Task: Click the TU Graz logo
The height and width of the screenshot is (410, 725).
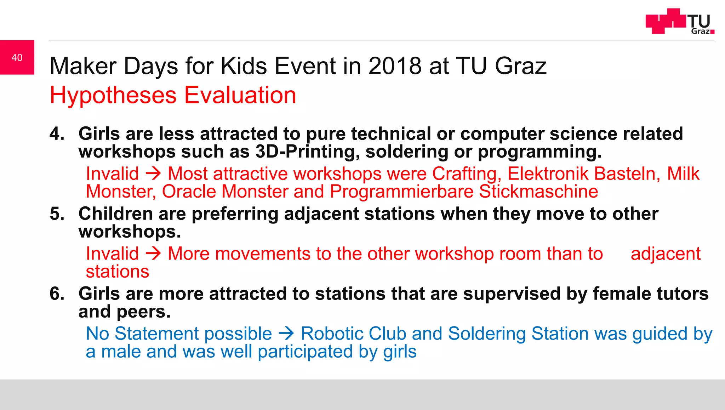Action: point(679,21)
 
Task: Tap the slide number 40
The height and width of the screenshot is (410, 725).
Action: point(17,57)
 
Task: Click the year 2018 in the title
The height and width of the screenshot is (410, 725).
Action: point(395,66)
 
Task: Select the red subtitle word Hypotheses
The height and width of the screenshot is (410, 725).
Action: point(113,95)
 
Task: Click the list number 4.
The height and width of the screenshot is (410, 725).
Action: point(57,134)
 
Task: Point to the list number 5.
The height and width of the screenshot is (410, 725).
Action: point(57,214)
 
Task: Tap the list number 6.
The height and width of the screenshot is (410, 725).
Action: point(57,294)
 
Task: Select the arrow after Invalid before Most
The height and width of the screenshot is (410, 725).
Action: point(153,174)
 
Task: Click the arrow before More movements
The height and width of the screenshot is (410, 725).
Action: point(153,254)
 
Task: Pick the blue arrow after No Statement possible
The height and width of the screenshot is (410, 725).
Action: point(286,334)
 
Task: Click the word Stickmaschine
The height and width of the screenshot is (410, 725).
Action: point(538,192)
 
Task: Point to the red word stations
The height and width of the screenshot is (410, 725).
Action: point(118,272)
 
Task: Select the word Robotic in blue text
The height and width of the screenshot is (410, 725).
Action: point(332,334)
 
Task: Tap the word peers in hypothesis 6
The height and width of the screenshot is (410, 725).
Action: point(143,312)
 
